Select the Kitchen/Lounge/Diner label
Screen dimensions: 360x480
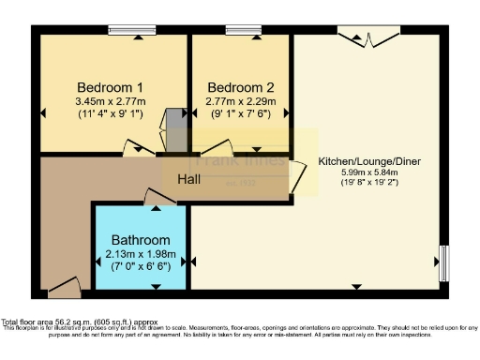(x=368, y=161)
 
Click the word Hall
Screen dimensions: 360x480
(x=188, y=179)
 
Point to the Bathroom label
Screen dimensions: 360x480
(x=141, y=240)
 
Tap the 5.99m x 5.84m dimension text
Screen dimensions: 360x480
(x=368, y=173)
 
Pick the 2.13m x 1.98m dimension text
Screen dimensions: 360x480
(x=141, y=254)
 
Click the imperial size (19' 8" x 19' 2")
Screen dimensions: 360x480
(x=368, y=185)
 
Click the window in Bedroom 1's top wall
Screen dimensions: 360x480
(x=131, y=31)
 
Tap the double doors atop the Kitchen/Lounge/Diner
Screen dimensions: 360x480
(x=367, y=37)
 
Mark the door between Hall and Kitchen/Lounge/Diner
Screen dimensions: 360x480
(x=297, y=175)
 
